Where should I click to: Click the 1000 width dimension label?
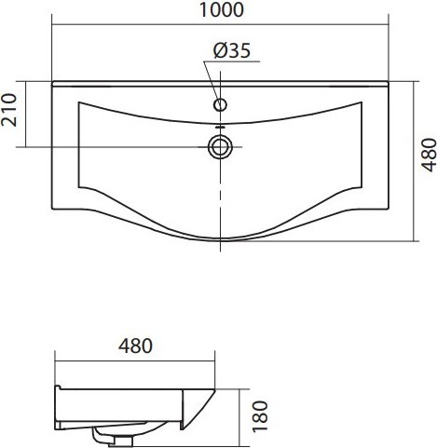222,9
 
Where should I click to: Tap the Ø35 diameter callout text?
232,50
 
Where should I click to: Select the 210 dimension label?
9,110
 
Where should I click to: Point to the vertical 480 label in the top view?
429,155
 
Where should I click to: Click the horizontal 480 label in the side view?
135,346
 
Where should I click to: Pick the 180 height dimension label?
260,416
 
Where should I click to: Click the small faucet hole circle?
220,104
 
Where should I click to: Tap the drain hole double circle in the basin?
220,147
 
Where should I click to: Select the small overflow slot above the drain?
220,127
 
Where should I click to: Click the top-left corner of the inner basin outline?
79,102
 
